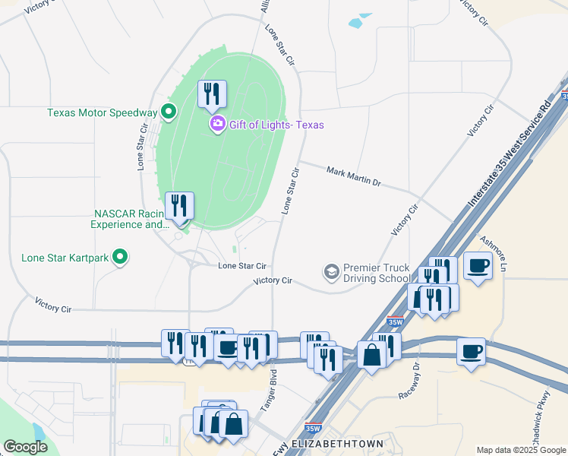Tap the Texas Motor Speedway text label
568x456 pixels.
click(101, 112)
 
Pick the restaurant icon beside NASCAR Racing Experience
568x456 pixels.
click(180, 206)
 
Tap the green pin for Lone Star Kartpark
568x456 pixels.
click(119, 257)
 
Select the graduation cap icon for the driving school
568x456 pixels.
click(331, 271)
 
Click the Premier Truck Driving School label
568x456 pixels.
click(376, 274)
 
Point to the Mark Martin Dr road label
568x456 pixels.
click(353, 177)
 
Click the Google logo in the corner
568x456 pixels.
click(26, 447)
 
